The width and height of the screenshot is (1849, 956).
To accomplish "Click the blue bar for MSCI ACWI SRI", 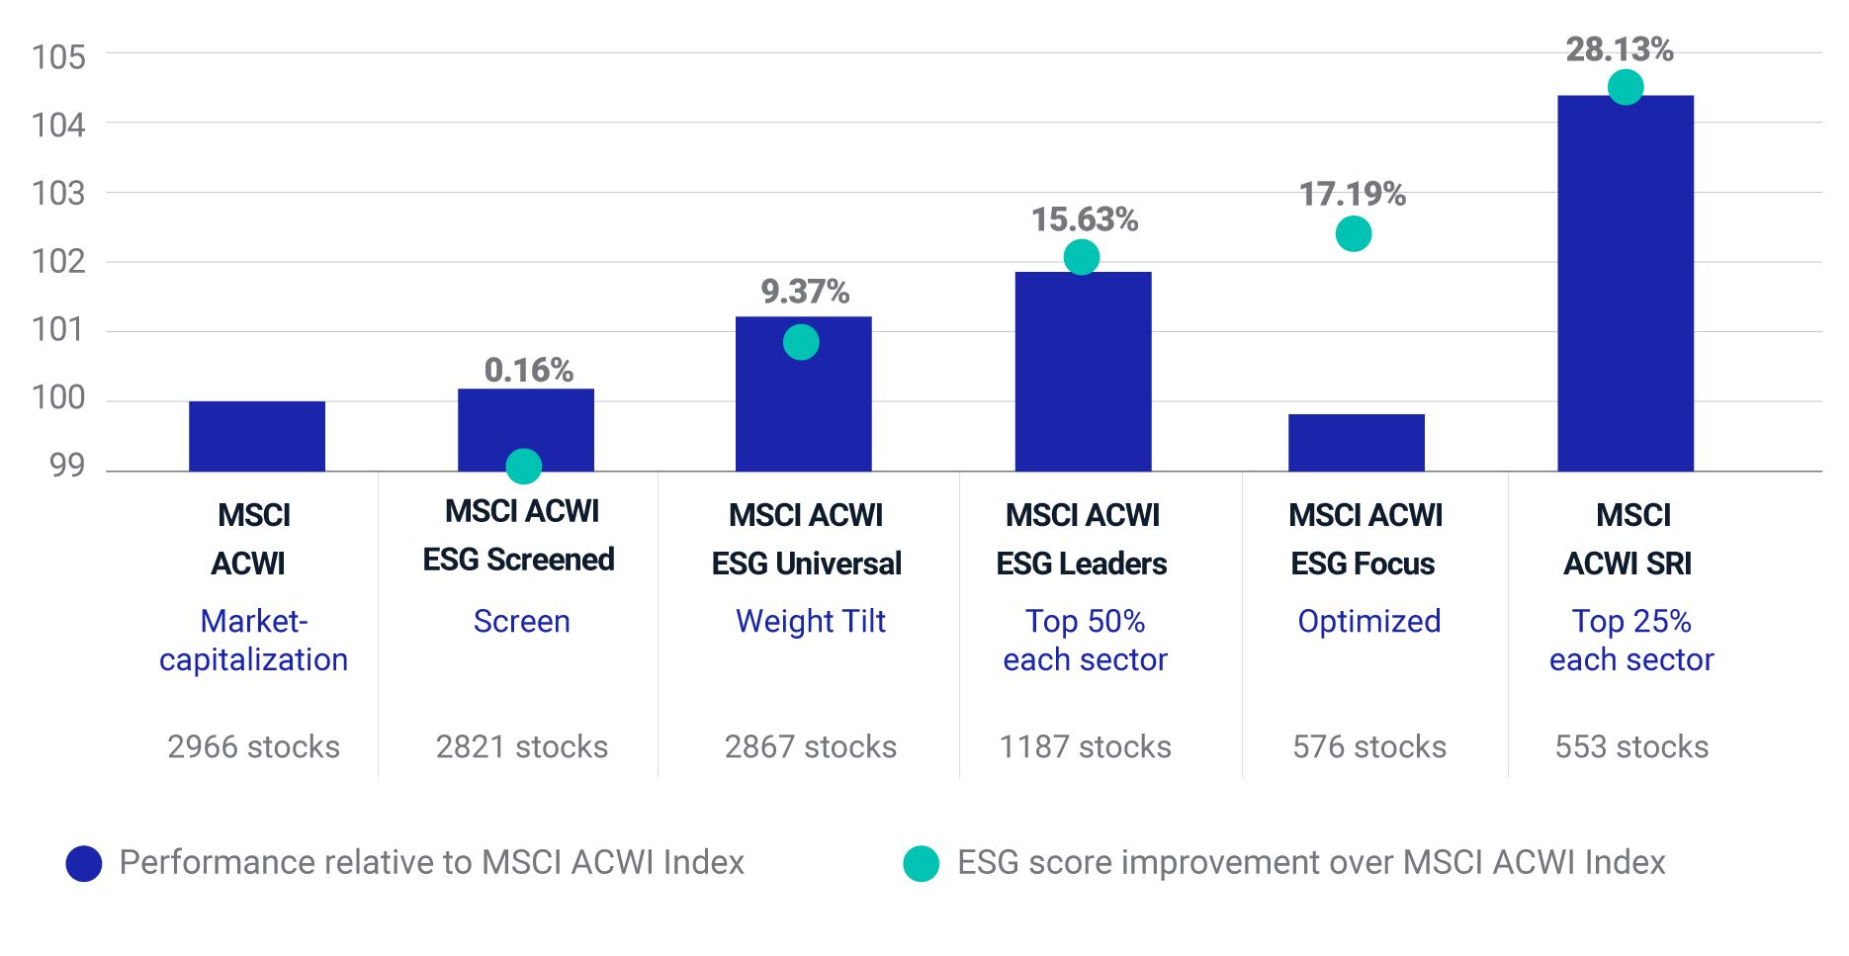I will [1625, 287].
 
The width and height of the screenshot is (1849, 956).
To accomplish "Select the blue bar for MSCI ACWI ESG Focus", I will [1356, 443].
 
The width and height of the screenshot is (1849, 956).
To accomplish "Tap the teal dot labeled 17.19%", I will [1353, 234].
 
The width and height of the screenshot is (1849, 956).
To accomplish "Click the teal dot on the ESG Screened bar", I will [523, 466].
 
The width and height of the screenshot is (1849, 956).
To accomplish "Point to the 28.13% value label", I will [1619, 49].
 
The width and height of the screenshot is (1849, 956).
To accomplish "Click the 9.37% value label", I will [804, 292].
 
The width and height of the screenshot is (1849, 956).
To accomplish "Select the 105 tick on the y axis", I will [58, 57].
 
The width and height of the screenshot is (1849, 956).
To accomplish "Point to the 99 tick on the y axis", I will [66, 466].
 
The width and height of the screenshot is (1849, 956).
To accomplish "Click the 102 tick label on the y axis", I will [58, 262].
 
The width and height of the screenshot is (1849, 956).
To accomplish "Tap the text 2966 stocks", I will [253, 746].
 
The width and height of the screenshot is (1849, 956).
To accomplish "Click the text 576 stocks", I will [1368, 746].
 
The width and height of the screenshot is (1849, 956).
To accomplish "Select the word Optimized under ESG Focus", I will [1368, 621].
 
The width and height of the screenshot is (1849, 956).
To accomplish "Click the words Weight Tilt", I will [810, 621].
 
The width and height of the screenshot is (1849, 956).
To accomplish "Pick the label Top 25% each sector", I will [1630, 640].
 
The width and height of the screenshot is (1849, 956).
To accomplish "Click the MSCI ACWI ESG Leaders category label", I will [1082, 539].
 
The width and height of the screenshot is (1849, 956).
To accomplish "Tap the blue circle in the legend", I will [84, 863].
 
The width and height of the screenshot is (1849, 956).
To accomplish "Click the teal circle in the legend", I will [921, 863].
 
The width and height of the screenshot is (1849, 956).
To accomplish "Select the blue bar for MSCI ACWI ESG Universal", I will [803, 395].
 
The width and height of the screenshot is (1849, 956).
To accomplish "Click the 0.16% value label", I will [528, 371].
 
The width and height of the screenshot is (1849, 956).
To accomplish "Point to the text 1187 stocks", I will [1085, 746].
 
